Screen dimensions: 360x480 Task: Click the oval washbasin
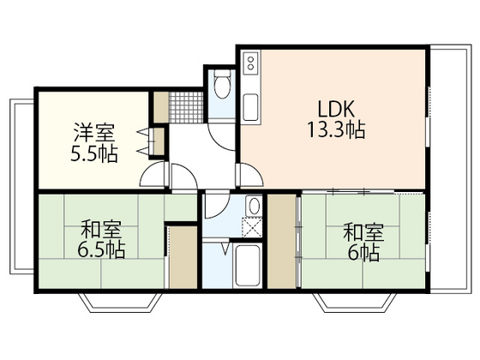253,207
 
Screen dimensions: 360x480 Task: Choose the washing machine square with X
253,227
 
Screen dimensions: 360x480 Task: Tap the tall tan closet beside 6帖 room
280,242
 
